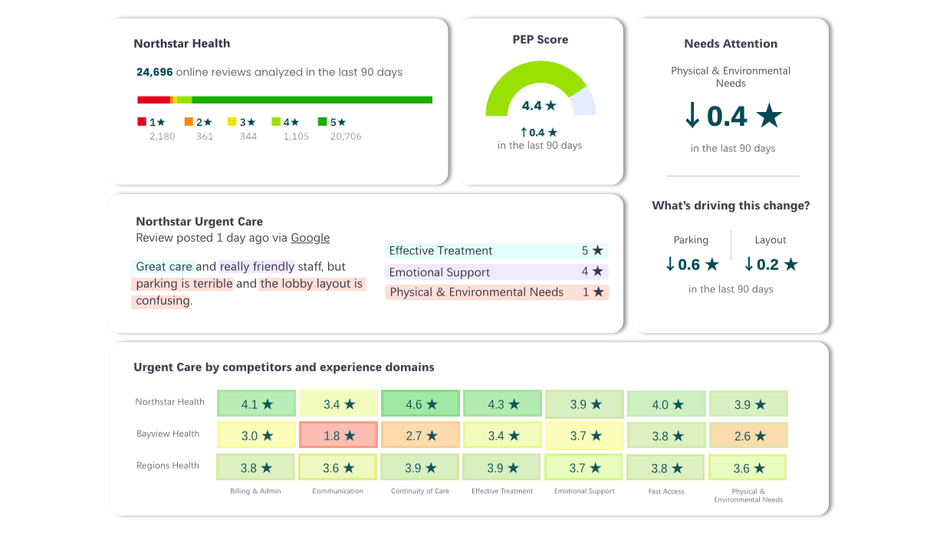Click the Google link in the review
310,238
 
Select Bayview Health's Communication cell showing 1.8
338,435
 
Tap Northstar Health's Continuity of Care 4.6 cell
420,404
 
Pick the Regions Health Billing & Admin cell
256,467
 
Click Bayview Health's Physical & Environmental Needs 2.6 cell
748,435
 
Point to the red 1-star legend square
142,121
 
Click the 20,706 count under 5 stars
346,137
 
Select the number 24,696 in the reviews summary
155,72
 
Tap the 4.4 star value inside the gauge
539,106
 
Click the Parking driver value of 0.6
692,265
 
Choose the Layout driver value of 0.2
770,265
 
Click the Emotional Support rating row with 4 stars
496,272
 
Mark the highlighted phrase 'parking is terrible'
183,284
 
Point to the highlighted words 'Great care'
163,267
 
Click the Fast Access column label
666,491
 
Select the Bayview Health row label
168,434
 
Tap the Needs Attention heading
731,44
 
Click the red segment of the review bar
153,100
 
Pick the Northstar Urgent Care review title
199,222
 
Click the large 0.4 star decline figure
732,116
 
